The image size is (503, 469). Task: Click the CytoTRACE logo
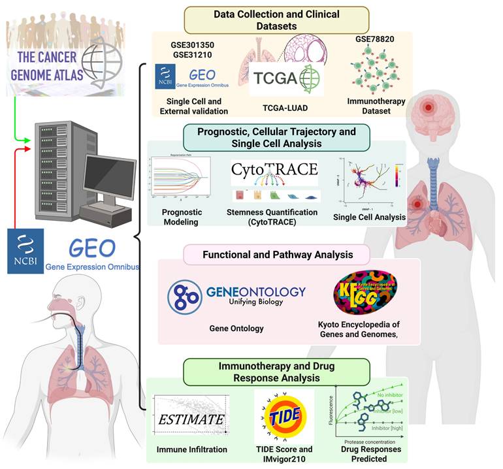coord(274,170)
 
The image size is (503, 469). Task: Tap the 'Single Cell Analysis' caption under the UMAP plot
coord(369,217)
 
